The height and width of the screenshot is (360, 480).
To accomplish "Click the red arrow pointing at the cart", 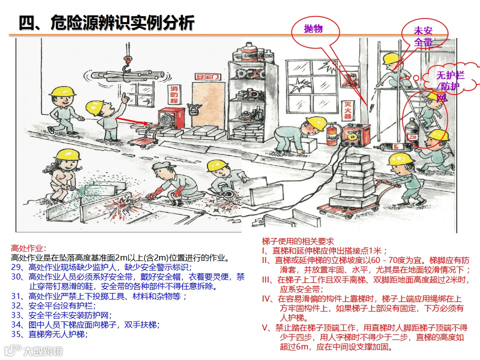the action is point(134,121).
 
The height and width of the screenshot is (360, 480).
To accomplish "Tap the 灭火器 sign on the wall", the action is point(346,109).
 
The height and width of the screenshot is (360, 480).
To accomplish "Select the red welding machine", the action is point(356,135).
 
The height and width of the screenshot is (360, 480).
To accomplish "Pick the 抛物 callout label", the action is point(313,29).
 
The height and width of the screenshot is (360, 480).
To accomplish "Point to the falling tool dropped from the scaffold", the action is point(370,106).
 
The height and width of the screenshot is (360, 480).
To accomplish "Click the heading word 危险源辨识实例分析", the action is point(122,22).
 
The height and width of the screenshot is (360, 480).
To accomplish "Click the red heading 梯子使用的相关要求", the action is point(298,240).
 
